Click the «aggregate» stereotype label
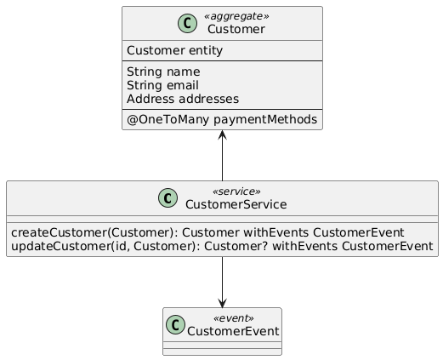point(236,16)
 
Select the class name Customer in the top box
point(236,29)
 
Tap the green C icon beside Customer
point(187,23)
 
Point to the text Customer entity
point(174,50)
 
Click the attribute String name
point(163,71)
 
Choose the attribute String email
point(162,85)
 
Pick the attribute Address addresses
point(183,99)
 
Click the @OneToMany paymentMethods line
point(222,119)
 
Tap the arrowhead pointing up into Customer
point(222,134)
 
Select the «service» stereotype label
point(236,191)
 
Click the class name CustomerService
point(236,204)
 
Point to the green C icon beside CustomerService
point(168,197)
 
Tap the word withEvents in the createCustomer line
point(276,232)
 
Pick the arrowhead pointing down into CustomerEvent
point(222,303)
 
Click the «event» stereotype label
point(234,318)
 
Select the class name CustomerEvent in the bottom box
point(233,331)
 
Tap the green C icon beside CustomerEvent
point(175,324)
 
